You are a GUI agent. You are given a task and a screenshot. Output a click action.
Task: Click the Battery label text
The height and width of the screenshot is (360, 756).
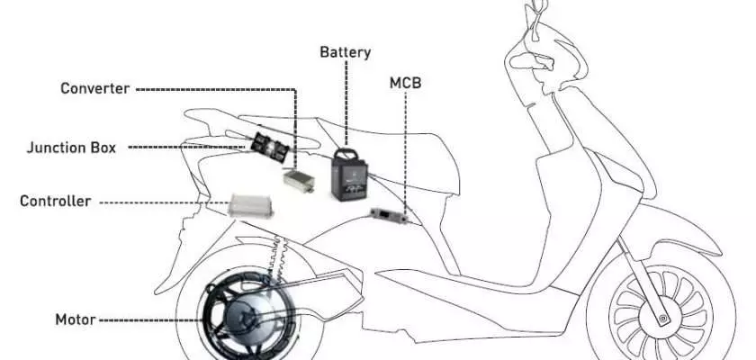(346, 52)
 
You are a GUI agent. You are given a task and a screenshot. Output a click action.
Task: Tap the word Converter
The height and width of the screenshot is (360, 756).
(95, 89)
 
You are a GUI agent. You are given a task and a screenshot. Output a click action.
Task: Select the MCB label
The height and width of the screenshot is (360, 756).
(406, 83)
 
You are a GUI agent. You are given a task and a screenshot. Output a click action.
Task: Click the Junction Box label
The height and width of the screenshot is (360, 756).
(71, 148)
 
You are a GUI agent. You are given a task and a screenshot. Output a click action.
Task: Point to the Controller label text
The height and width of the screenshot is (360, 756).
(56, 201)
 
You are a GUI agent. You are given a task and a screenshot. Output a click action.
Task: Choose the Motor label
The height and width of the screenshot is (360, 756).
(76, 319)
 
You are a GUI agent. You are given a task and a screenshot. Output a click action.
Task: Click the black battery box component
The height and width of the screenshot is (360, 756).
(349, 175)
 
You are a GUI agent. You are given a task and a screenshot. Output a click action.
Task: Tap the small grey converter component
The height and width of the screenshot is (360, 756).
(299, 181)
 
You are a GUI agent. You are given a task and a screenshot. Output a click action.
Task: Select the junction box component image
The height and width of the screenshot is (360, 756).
(270, 148)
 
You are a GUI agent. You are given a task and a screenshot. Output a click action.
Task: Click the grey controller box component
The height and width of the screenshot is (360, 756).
(251, 206)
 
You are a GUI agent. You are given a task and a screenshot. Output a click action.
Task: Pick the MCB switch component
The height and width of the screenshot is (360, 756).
(389, 214)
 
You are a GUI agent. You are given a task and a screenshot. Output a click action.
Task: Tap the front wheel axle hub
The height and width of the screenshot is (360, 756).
(662, 318)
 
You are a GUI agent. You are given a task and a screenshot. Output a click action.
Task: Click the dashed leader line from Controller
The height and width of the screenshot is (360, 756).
(165, 202)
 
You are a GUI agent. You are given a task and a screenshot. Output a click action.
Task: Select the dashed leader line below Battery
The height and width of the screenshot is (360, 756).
(346, 96)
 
